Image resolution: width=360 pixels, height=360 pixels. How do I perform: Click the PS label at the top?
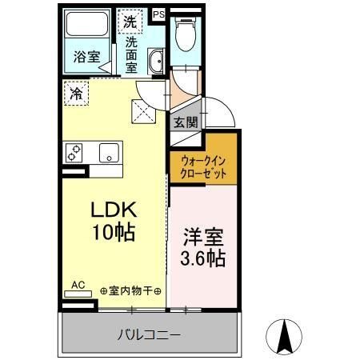158,14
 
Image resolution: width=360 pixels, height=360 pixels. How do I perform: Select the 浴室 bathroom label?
87,57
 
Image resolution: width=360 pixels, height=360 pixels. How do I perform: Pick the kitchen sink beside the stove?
106,151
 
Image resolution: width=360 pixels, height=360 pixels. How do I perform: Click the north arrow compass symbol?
283,335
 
